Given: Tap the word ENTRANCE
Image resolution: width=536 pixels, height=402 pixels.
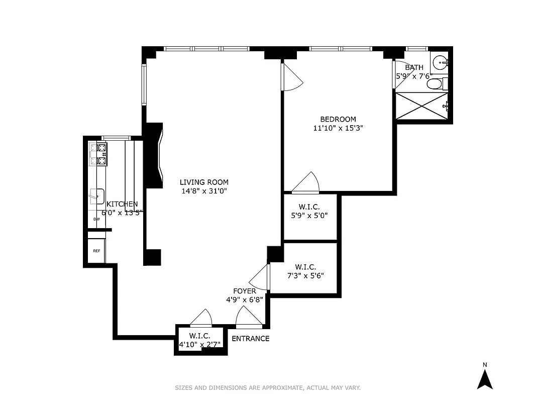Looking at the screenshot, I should pos(250,339).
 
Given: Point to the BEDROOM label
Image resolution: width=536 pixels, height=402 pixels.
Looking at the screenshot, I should pos(338,119).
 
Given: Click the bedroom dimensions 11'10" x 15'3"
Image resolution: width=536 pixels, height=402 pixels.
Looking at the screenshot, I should pos(338,128).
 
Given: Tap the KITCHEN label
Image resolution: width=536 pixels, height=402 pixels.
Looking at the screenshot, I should pos(122,204).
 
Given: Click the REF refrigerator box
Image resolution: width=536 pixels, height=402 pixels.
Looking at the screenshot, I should pos(96,251).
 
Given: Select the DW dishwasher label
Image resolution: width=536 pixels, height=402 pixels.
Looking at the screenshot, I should pos(96,219).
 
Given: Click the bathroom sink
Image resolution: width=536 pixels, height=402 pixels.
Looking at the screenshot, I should pos(440,63).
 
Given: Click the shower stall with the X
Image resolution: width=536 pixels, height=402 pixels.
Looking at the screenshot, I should pos(421,106).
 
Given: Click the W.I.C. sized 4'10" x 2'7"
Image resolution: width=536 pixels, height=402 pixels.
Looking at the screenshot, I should pos(199,340).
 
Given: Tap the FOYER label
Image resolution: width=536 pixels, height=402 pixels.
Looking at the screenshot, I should pos(245,291).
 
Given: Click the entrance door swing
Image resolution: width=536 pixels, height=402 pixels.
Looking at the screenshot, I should pos(249,318).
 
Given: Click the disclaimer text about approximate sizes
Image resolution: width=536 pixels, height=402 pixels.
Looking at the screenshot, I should pos(268,387).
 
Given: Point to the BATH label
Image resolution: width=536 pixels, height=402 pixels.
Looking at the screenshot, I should pos(414,67).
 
